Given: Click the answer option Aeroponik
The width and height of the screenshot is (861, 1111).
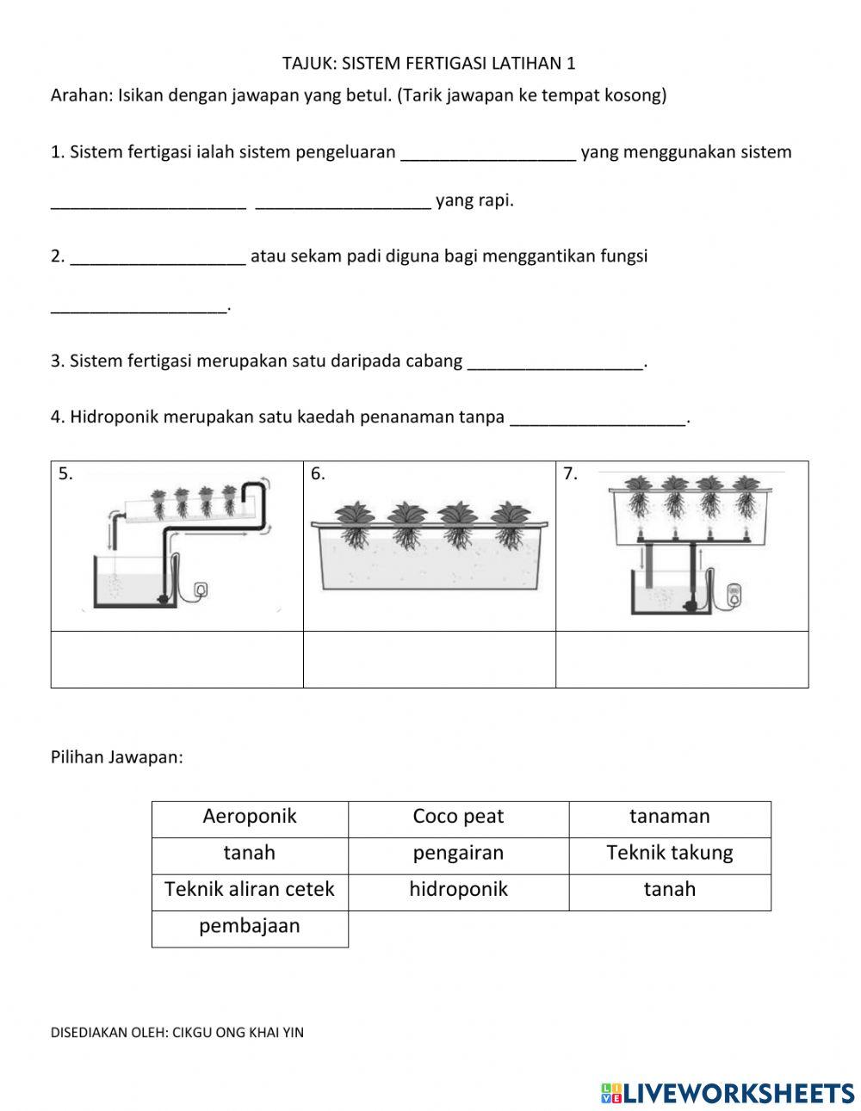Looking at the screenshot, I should [250, 817].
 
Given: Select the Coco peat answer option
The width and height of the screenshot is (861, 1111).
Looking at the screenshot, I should [458, 817].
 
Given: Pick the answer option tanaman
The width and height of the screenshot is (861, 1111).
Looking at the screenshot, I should [669, 817].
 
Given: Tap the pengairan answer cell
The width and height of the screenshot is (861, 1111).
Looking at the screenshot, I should [458, 854].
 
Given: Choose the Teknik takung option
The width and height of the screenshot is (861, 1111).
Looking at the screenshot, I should [669, 854].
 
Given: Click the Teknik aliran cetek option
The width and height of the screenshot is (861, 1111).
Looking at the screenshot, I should [250, 890].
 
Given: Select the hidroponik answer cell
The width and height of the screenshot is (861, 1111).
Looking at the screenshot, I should [458, 890].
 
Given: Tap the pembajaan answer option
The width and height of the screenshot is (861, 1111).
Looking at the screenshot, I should [250, 927].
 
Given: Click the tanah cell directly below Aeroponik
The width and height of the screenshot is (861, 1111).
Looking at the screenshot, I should [250, 854].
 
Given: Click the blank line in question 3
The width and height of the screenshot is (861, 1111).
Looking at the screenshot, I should [554, 363].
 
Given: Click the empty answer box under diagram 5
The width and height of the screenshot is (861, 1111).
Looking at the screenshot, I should [177, 659].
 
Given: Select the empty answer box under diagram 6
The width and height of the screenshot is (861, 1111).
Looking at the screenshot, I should [430, 659].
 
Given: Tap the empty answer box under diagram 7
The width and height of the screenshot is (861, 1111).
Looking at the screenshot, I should [682, 659].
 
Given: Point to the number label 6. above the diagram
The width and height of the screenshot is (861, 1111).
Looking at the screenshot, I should [318, 474].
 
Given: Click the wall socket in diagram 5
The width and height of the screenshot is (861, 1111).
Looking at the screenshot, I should [201, 589].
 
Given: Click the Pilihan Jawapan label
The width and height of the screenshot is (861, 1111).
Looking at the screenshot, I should [117, 758].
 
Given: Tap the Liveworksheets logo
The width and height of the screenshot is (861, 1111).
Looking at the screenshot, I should [728, 1093].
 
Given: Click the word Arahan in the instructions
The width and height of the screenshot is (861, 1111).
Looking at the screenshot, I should [80, 96].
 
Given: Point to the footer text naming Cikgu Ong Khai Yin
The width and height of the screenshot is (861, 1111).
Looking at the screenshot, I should [177, 1033].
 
